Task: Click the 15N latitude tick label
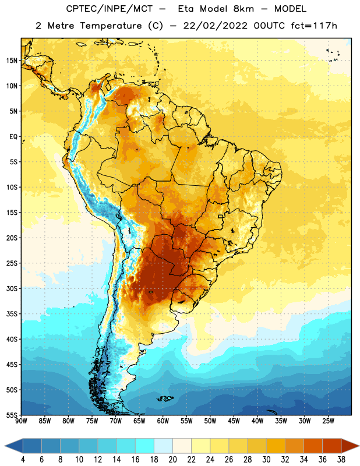click(x=12, y=61)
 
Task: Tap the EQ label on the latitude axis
click(x=13, y=137)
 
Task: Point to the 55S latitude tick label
click(x=12, y=415)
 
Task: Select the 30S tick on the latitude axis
click(x=12, y=288)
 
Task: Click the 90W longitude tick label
click(x=21, y=421)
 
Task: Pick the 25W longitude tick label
click(x=328, y=421)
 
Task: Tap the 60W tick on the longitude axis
click(x=163, y=421)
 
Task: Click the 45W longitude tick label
click(x=234, y=421)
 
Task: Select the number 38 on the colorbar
click(x=341, y=460)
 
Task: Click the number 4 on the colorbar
click(x=23, y=460)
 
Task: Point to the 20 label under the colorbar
click(x=172, y=460)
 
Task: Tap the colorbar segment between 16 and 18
click(x=145, y=446)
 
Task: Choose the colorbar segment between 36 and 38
click(x=332, y=446)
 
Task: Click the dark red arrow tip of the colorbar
click(x=358, y=446)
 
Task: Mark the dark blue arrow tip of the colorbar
click(x=5, y=446)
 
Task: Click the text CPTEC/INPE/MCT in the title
click(x=110, y=9)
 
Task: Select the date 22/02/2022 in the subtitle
click(x=215, y=26)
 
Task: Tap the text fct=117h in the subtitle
click(x=314, y=26)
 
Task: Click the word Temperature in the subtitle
click(x=111, y=26)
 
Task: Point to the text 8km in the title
click(x=243, y=9)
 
